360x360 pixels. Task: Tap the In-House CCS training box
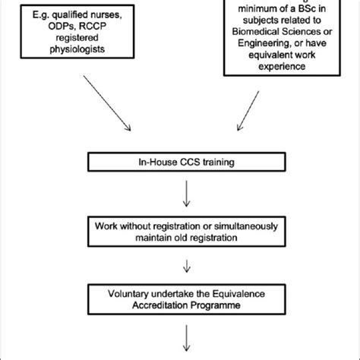[x=179, y=161]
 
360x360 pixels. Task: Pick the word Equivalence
[x=233, y=291]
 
